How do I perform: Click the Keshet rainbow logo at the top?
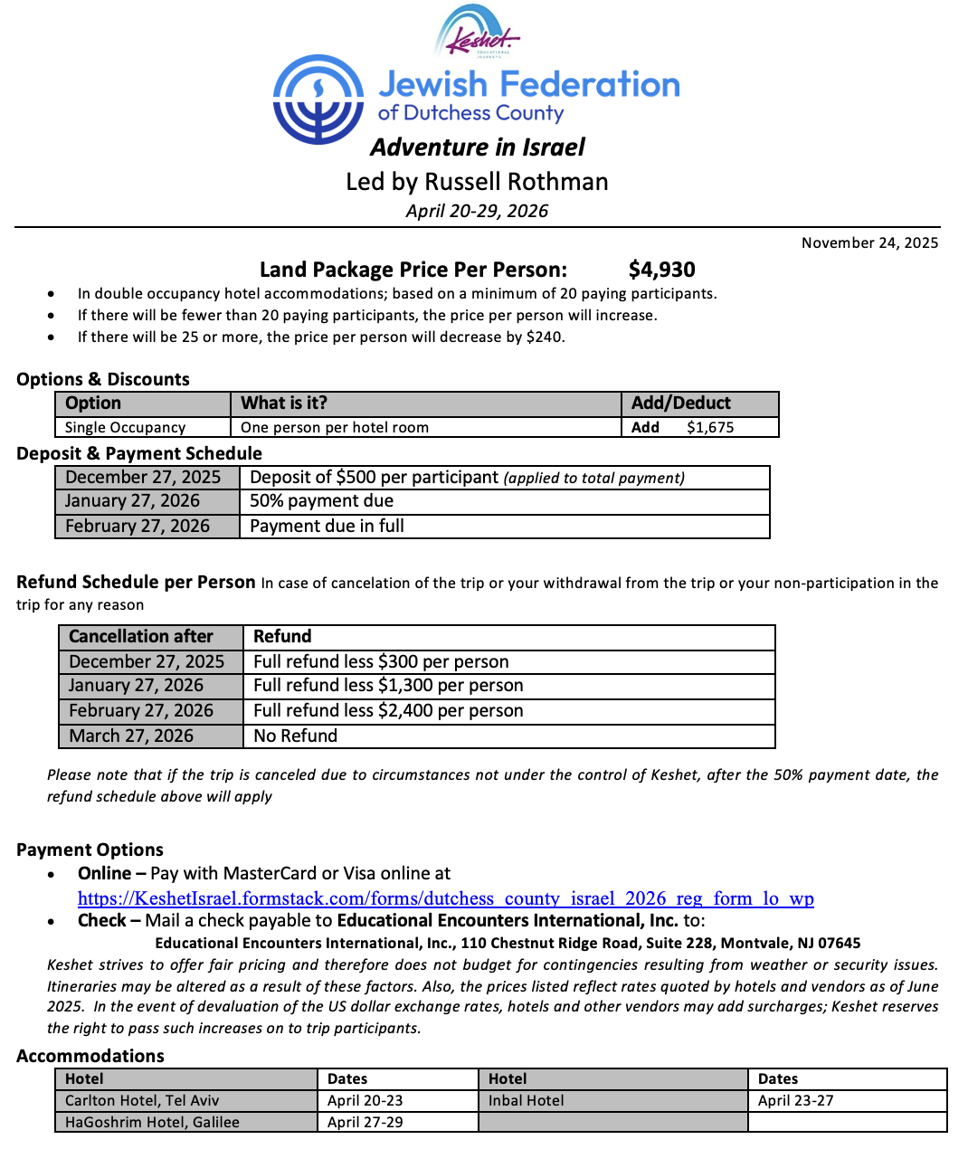point(477,33)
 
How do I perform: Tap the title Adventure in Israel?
point(478,147)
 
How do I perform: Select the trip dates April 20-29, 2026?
point(477,211)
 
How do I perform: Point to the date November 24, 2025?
point(869,242)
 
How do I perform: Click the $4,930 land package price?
point(661,270)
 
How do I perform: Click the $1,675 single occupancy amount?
point(710,427)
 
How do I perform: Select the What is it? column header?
point(284,404)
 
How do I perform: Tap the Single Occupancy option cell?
point(125,427)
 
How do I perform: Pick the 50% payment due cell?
point(321,501)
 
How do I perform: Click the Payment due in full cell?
point(327,527)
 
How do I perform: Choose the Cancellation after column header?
point(141,637)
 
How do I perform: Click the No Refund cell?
point(295,736)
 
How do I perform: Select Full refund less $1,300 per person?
point(388,686)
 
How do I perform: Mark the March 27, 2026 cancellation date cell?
point(131,736)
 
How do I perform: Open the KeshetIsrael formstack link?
point(445,898)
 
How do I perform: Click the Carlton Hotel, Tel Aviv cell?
point(142,1101)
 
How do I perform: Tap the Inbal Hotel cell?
point(526,1101)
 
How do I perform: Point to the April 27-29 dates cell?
point(365,1123)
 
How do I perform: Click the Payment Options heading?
point(90,850)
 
